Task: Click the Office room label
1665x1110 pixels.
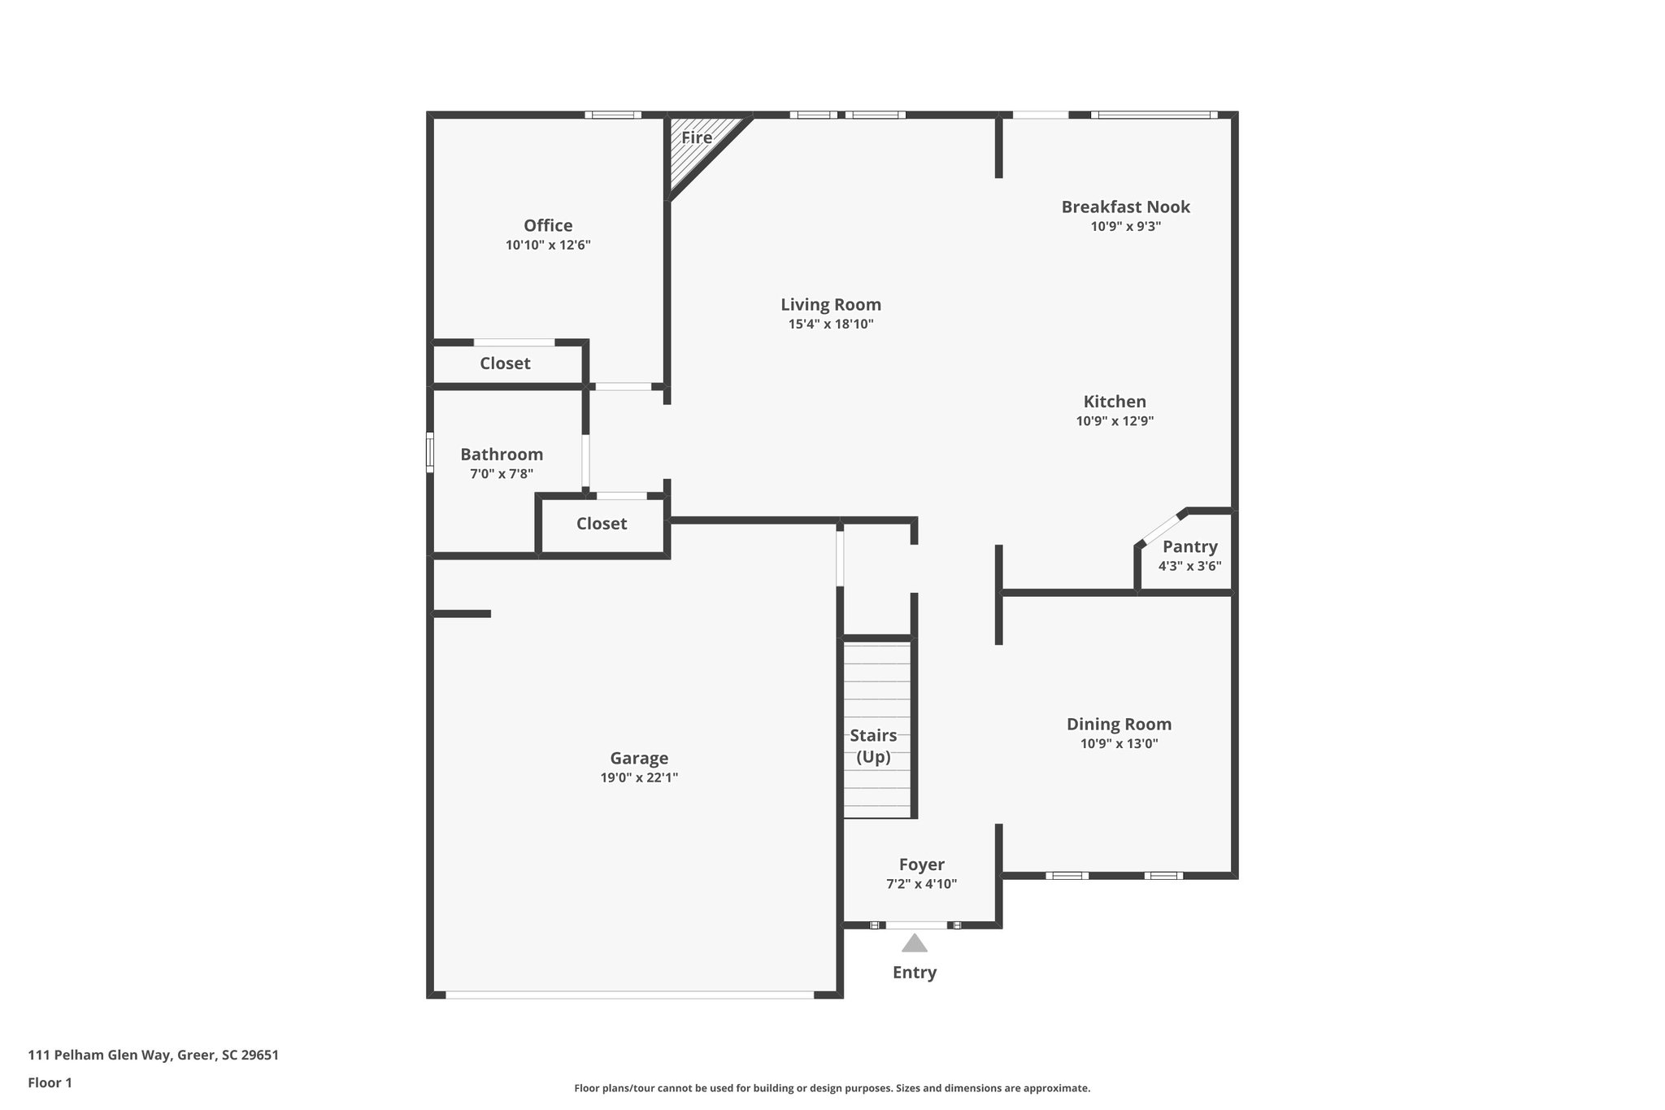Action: [548, 225]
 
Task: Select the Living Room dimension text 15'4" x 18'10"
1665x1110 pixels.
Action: [830, 324]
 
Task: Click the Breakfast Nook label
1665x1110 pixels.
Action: [1125, 207]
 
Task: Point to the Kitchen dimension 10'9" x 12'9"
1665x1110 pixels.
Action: [1115, 421]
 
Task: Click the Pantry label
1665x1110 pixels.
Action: [1189, 546]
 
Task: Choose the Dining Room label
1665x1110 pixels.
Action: [1119, 724]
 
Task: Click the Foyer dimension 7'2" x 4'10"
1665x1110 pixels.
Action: [921, 884]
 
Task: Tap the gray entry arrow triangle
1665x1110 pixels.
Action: [915, 943]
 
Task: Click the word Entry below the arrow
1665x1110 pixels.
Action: [915, 973]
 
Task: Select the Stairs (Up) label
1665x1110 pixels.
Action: [873, 746]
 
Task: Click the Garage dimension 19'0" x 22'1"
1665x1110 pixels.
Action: [639, 777]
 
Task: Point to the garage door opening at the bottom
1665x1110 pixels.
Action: [629, 995]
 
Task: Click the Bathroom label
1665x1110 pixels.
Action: [502, 454]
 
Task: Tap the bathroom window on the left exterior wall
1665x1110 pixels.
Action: [430, 452]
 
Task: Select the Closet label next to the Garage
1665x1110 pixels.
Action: [602, 524]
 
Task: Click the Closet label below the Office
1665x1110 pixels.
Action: [505, 363]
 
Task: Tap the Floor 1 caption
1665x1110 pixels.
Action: [50, 1082]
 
